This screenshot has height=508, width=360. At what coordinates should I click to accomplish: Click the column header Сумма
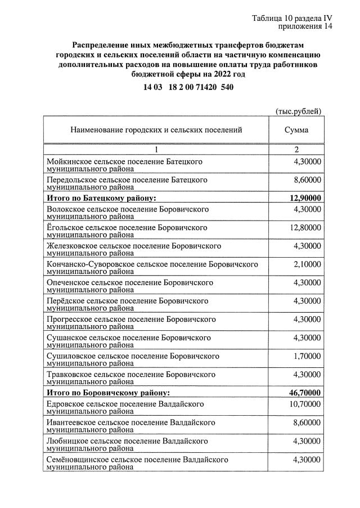point(296,130)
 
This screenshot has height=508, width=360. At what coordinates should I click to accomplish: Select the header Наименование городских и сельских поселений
point(156,130)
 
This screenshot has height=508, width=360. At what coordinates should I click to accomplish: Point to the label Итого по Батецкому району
point(101,198)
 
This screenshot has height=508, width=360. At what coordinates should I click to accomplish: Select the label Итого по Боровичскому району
point(108,393)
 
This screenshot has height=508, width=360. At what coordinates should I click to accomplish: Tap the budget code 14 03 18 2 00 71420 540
point(188,87)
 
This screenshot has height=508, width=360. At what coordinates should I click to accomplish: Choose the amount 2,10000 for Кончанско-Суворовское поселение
point(307,264)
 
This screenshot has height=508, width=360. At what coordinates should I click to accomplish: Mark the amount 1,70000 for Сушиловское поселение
point(307,356)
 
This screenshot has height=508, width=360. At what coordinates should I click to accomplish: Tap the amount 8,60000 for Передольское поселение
point(307,180)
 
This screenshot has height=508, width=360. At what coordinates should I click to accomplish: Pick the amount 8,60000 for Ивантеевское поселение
point(307,422)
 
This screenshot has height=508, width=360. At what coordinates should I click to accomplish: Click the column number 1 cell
point(156,150)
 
